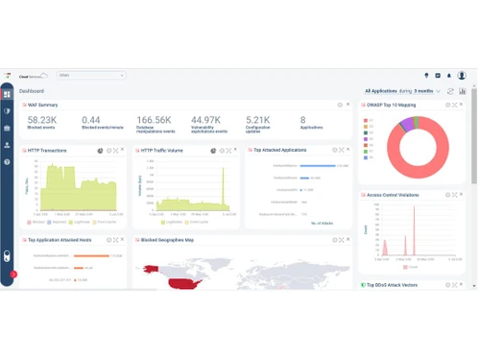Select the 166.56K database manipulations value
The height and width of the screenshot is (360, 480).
(154, 120)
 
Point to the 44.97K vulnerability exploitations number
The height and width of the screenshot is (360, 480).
(207, 120)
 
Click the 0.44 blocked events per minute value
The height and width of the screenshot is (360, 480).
(91, 120)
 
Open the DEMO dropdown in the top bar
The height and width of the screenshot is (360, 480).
(91, 75)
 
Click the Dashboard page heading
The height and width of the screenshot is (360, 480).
(32, 91)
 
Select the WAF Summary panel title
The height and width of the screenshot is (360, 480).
(43, 105)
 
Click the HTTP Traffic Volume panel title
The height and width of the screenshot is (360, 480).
(162, 151)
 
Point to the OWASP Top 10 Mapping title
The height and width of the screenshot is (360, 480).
(395, 105)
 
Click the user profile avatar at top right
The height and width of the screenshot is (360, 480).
(461, 75)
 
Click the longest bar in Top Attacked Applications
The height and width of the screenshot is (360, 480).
(317, 166)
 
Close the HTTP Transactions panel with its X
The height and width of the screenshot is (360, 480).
(122, 150)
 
